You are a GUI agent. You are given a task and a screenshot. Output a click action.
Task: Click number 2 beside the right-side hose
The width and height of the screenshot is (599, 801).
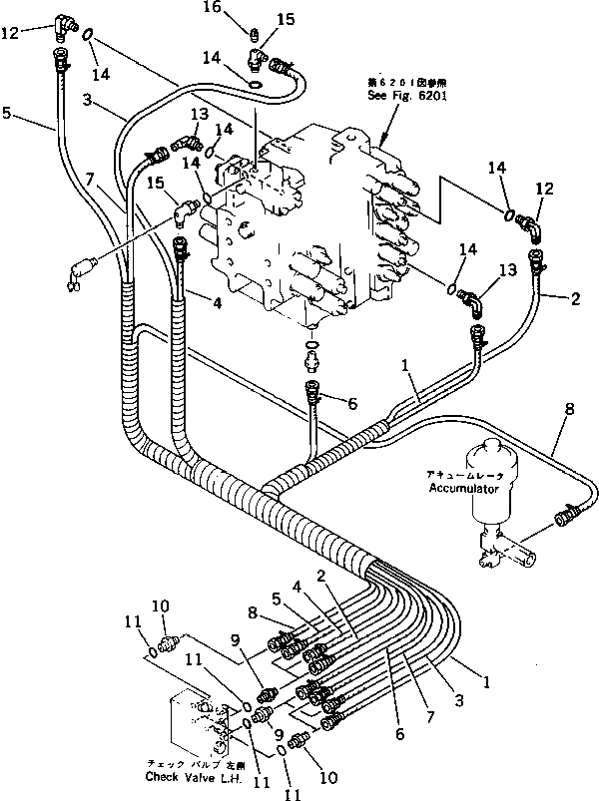click(575, 298)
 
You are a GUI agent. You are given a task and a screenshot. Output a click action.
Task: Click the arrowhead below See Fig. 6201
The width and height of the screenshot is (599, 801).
click(384, 134)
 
